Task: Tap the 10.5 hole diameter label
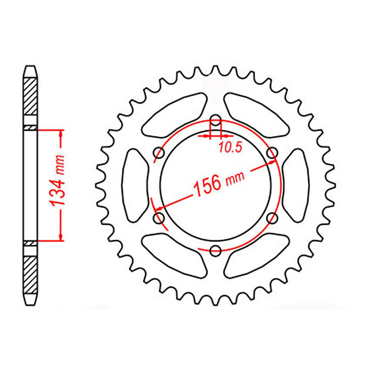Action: click(231, 148)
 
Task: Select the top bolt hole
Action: click(215, 120)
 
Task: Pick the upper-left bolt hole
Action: click(159, 153)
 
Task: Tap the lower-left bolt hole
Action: click(159, 218)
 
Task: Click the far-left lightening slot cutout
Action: click(135, 185)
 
